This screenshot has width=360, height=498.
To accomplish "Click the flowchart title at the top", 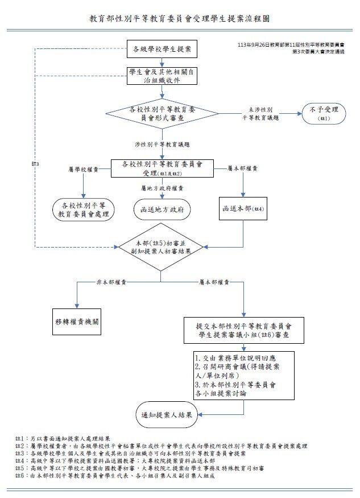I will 180,18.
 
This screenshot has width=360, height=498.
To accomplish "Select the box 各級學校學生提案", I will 162,50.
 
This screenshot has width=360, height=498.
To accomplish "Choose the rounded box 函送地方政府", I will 162,209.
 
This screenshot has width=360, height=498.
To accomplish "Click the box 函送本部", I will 243,208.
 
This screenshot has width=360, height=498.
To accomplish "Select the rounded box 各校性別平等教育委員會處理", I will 85,209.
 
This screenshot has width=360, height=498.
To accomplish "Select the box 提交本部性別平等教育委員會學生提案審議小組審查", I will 243,331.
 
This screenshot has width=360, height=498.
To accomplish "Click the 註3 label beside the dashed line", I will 35,164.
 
